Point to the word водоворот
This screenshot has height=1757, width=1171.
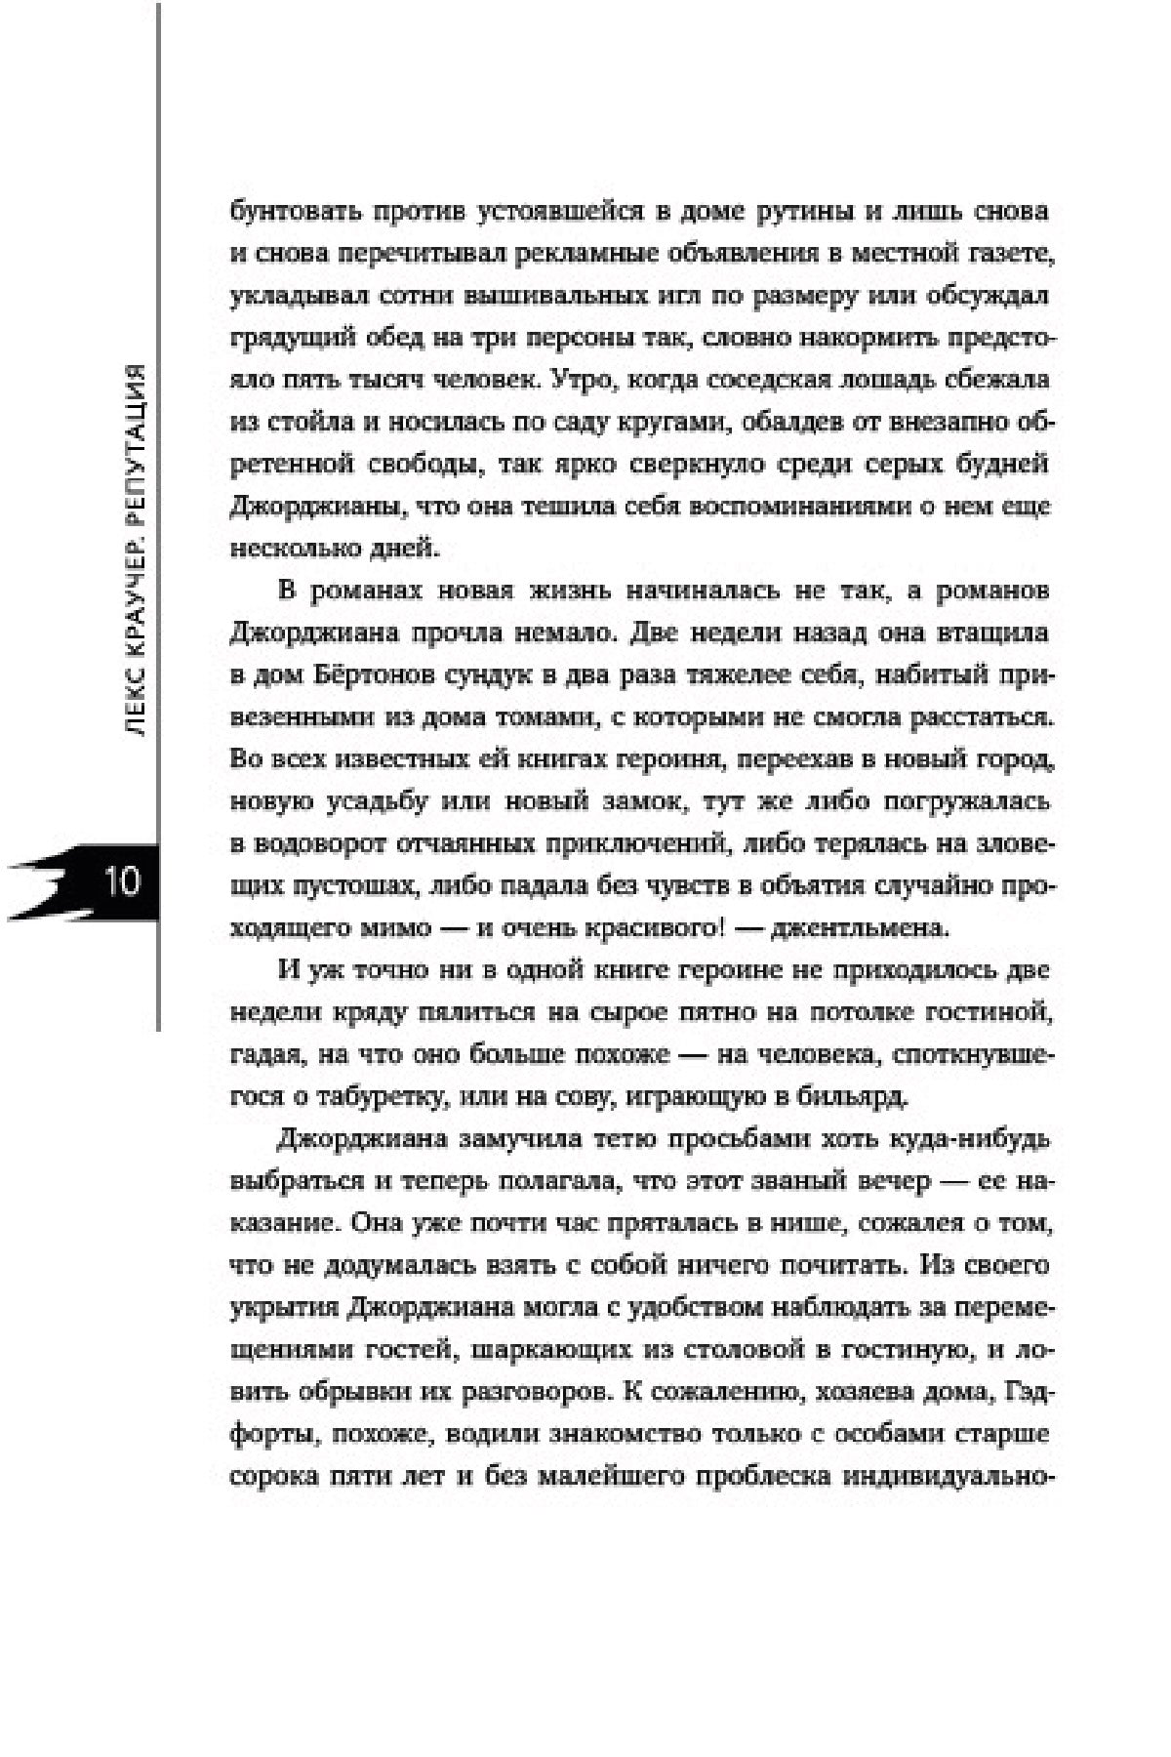coord(316,843)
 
